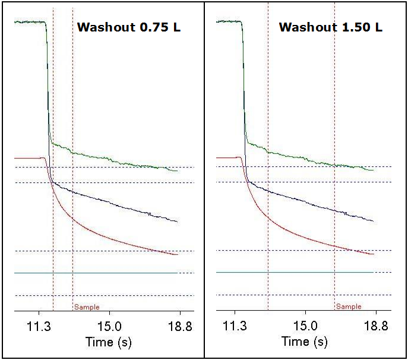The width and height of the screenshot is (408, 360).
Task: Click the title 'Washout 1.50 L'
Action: click(331, 27)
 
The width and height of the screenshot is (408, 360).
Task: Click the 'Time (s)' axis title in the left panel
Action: click(108, 342)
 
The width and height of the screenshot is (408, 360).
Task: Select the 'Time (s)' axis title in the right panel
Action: click(304, 342)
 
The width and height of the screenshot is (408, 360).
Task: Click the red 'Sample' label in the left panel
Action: click(87, 307)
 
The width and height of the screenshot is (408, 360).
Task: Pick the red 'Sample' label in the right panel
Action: click(348, 307)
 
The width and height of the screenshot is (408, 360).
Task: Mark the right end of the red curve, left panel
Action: click(177, 255)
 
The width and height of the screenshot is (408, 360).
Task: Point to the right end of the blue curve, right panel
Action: click(373, 221)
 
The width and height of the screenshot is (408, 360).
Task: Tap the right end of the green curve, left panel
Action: click(177, 170)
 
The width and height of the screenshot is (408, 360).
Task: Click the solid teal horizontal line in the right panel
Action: click(295, 272)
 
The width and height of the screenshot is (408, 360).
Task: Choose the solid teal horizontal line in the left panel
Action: click(95, 273)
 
